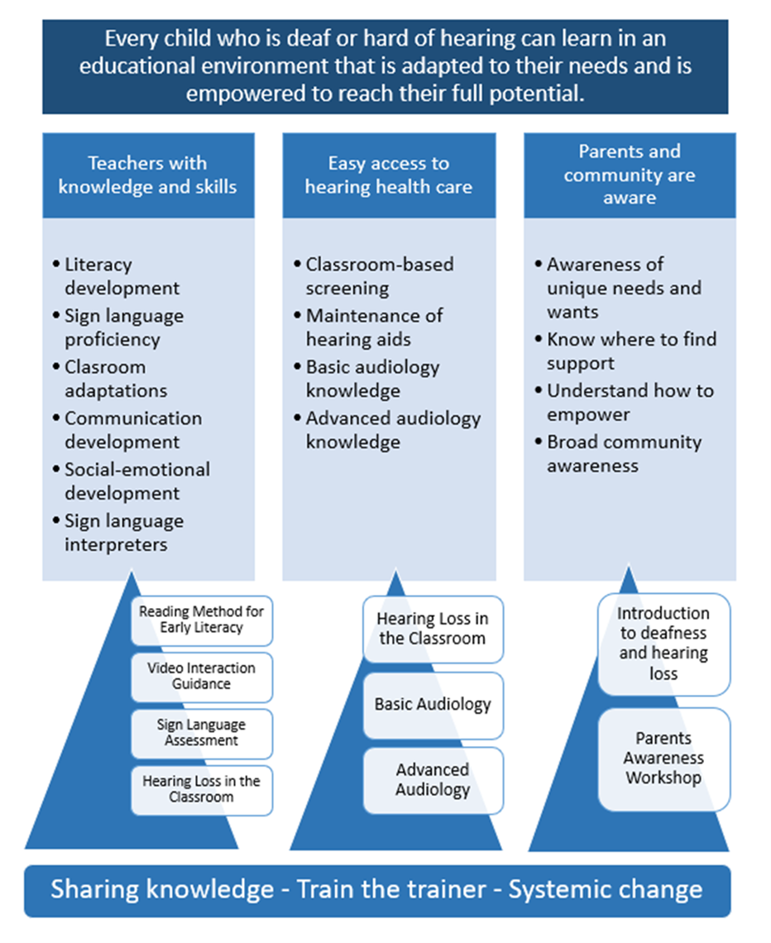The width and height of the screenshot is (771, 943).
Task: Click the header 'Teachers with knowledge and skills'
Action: [x=147, y=175]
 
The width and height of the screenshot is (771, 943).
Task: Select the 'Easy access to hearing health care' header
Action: [x=389, y=175]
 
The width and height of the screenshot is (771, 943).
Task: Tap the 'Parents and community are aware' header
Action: [x=630, y=175]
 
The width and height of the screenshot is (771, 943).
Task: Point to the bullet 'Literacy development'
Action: [x=122, y=276]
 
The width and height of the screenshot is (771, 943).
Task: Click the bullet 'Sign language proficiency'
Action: [x=124, y=328]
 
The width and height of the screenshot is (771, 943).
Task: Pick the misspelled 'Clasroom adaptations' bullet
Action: [x=116, y=379]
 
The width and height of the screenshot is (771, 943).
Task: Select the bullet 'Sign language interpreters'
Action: [x=124, y=533]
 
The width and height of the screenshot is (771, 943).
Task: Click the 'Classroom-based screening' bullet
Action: [x=380, y=276]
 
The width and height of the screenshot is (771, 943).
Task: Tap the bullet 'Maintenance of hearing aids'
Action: [x=374, y=328]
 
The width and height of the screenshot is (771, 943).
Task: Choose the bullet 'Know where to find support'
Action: [x=631, y=351]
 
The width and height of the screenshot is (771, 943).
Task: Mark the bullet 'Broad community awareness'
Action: [x=624, y=453]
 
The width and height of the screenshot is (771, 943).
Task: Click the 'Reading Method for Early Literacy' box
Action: [x=202, y=620]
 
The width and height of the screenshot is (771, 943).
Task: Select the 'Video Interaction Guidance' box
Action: [x=202, y=676]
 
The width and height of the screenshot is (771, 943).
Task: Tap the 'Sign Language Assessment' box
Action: [x=202, y=733]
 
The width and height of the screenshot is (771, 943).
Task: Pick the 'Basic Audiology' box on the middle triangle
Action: [x=433, y=705]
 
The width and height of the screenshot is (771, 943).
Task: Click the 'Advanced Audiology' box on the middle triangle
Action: [x=433, y=780]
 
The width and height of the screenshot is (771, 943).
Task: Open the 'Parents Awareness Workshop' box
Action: [x=664, y=758]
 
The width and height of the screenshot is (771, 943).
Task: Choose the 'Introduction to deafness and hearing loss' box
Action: [x=664, y=644]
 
